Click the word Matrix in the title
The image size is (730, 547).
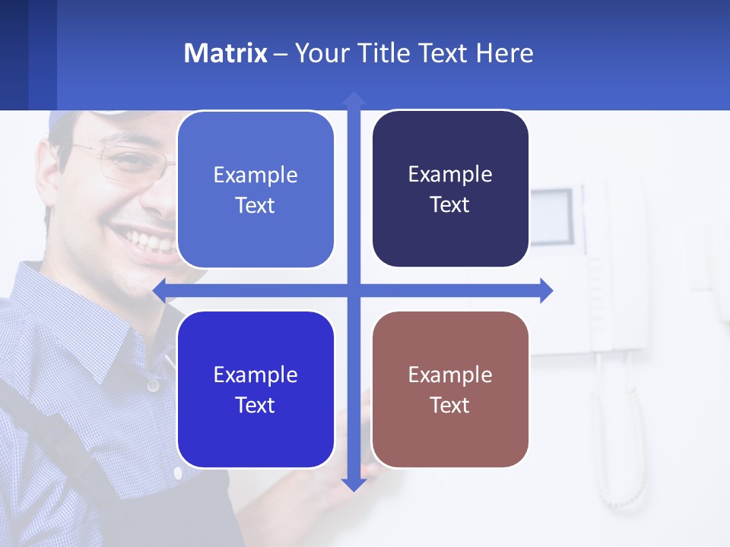(x=225, y=53)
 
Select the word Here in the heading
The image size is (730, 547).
(x=504, y=53)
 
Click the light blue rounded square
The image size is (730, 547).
(x=255, y=189)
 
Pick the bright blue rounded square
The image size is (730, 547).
(x=255, y=390)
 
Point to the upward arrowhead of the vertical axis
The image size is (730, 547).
(x=354, y=99)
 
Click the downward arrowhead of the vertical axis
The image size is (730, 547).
(x=354, y=484)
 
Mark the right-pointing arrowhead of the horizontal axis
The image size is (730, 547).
(x=546, y=290)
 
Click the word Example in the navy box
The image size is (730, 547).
(x=450, y=174)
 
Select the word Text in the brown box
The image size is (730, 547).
(x=450, y=405)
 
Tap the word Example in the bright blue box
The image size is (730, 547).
(x=255, y=375)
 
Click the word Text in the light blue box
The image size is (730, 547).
(x=255, y=205)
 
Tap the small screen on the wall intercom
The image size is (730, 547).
(x=552, y=216)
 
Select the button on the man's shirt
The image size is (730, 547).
(x=153, y=386)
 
